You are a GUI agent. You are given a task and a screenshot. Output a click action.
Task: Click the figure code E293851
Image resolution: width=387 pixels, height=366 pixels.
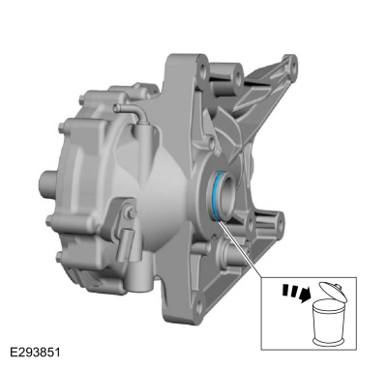point(35,352)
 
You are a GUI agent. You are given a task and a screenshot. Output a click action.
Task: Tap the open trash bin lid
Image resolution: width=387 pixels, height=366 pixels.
point(333,292)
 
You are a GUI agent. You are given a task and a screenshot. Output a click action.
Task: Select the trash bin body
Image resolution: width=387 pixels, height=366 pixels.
point(327,323)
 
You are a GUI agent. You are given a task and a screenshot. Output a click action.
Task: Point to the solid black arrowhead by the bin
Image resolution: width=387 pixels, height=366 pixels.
point(305,295)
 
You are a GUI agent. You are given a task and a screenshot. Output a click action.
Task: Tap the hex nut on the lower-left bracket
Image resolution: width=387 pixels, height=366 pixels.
point(131,212)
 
